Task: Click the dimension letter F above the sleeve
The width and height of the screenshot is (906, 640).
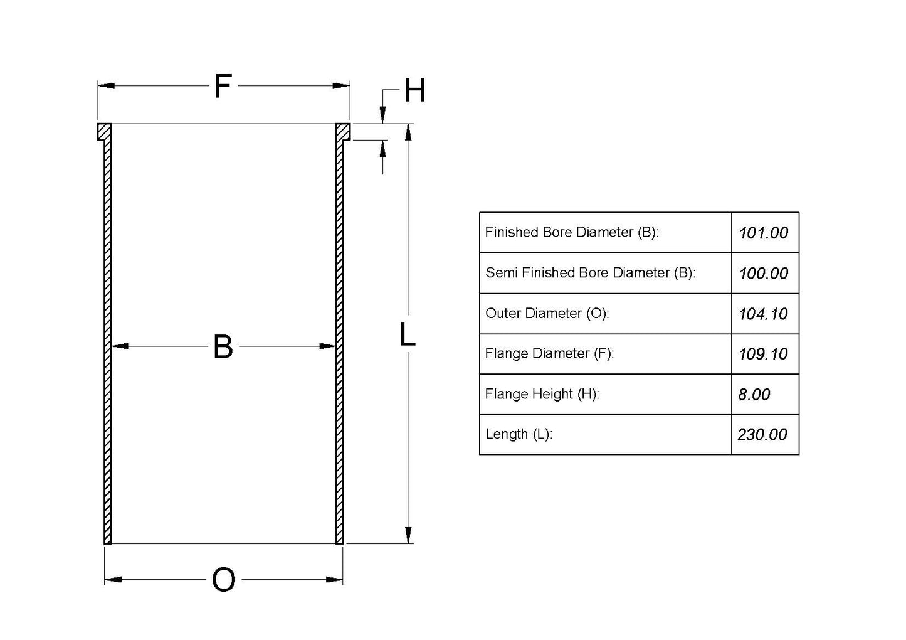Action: [x=223, y=87]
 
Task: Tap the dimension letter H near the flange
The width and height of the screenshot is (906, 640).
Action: [x=414, y=91]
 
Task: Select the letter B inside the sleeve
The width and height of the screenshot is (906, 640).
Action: [x=223, y=347]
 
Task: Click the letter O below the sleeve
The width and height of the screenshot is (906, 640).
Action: [x=224, y=580]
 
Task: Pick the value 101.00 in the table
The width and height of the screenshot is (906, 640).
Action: [x=763, y=233]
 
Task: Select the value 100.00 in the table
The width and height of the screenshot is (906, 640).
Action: [x=763, y=274]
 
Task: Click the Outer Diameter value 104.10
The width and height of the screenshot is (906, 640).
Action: [x=762, y=314]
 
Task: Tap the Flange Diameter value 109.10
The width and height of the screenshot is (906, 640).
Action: [x=762, y=354]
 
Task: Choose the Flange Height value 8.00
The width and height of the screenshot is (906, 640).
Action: [x=754, y=395]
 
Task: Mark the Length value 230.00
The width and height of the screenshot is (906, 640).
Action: [x=762, y=435]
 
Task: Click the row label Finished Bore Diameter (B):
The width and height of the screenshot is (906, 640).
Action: [x=571, y=233]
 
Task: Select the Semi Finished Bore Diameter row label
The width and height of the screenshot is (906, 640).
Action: [x=590, y=273]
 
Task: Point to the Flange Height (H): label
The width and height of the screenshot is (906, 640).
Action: [x=542, y=394]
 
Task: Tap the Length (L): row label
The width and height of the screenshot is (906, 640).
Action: [x=519, y=434]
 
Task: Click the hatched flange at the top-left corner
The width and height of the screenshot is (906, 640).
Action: [x=104, y=132]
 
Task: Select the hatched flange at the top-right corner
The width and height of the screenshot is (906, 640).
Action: [x=342, y=132]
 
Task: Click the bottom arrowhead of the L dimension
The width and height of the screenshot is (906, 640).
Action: [x=408, y=535]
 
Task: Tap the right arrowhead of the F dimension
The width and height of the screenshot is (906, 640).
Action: [x=341, y=86]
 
